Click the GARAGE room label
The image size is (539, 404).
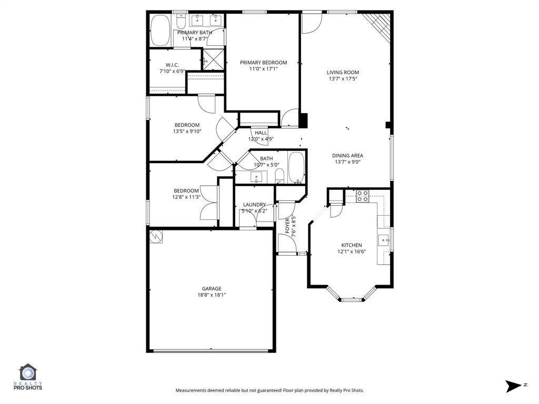click(211, 288)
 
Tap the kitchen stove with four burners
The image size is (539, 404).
click(363, 196)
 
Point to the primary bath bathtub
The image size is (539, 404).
click(160, 31)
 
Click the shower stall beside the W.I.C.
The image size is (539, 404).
click(213, 59)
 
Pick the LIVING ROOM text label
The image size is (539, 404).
click(343, 73)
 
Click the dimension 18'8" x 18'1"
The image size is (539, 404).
click(211, 295)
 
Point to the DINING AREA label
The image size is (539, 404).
click(347, 156)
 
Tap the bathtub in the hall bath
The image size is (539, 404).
click(296, 167)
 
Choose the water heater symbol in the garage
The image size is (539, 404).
click(156, 237)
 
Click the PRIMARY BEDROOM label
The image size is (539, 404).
click(263, 63)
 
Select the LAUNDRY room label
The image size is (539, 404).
click(254, 205)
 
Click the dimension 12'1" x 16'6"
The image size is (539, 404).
click(352, 251)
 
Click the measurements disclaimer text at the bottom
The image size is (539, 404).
click(269, 390)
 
